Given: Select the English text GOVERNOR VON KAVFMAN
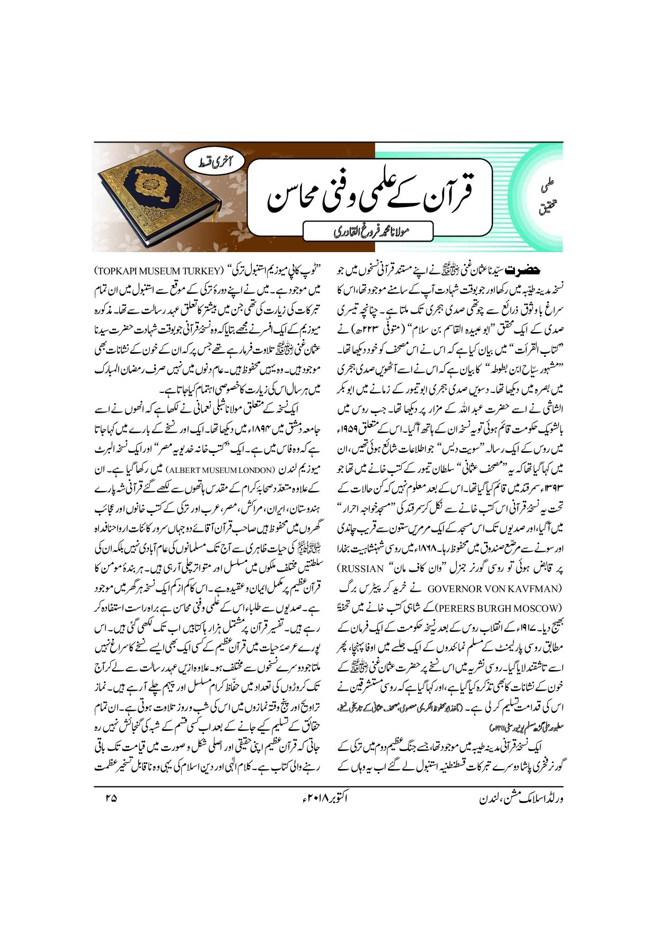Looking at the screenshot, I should pyautogui.click(x=493, y=588).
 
